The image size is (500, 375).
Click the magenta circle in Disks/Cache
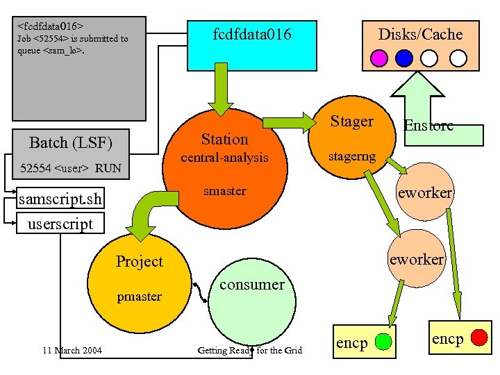tap(380, 57)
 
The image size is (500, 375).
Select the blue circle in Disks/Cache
tap(404, 57)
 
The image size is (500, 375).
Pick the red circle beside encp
tap(479, 337)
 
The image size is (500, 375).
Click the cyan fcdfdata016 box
tap(252, 42)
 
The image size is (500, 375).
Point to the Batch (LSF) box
tap(70, 143)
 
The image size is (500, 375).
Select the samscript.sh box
tap(60, 200)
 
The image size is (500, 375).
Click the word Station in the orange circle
tap(224, 139)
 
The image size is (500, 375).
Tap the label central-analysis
tap(224, 158)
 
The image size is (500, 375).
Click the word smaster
tap(224, 191)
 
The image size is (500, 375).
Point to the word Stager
tap(351, 122)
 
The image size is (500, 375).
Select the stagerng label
tap(351, 156)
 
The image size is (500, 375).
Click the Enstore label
tap(428, 126)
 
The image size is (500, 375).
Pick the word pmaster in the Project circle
tap(139, 297)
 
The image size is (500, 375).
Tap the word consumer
tap(251, 284)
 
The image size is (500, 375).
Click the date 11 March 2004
tap(72, 350)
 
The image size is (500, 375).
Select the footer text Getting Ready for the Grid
tap(250, 350)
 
